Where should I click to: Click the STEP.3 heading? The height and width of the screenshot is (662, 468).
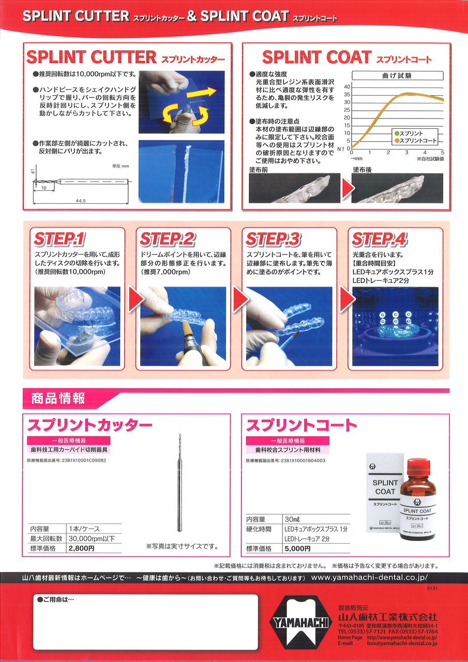[x=273, y=239]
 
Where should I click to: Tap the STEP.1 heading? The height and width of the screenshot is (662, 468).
[x=59, y=239]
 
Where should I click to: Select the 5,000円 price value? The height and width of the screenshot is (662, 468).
[x=297, y=549]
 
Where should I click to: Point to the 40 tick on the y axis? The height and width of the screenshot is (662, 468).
[x=347, y=87]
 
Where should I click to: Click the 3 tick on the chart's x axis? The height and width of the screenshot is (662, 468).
[x=406, y=153]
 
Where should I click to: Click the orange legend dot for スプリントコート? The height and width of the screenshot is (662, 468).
[x=397, y=141]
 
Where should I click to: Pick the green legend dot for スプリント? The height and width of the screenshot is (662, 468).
[x=397, y=133]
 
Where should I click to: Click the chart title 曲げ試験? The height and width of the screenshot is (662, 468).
[x=397, y=76]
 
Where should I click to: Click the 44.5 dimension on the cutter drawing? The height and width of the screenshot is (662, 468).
[x=80, y=201]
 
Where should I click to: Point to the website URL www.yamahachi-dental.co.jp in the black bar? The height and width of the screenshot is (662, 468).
[x=369, y=578]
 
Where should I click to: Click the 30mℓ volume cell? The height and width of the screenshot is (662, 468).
[x=293, y=519]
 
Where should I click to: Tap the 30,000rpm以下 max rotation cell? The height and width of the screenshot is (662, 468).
[x=92, y=538]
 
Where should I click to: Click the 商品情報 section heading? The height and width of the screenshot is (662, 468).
[x=58, y=398]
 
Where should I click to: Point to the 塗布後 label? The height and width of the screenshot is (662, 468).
[x=362, y=170]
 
